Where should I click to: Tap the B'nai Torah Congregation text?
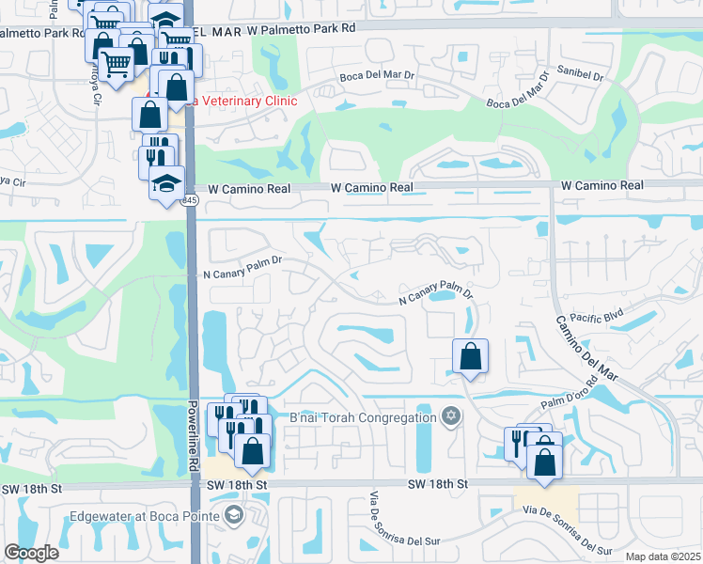point(364,416)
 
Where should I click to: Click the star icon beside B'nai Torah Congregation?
point(451,416)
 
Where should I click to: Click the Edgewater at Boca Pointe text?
point(144,516)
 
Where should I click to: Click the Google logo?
point(31,553)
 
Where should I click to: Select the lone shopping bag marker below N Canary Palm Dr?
point(470,357)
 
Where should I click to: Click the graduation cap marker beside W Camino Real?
point(166,181)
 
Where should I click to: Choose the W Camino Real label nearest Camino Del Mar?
point(602,186)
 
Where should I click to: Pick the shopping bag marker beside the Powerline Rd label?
point(253,451)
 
